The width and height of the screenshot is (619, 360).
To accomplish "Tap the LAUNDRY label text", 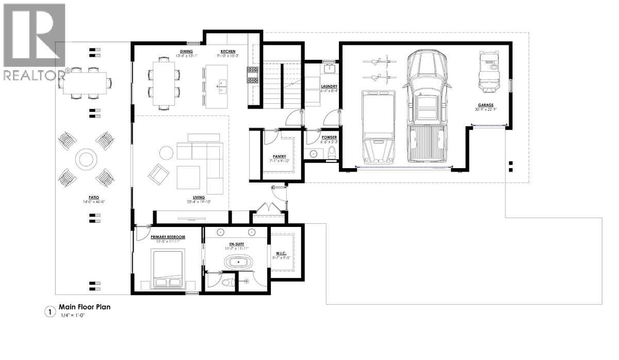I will tap(329, 86).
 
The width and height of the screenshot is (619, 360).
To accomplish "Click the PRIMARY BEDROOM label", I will tap(168, 237).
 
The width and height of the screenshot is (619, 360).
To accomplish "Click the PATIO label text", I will tap(93, 197).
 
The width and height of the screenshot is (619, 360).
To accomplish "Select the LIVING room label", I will tap(199, 197).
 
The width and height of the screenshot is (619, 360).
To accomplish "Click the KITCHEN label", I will tap(228, 51).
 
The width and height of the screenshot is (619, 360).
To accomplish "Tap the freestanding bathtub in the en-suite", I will tap(239, 263).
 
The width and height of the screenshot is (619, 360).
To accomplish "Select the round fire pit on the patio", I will tap(85, 159).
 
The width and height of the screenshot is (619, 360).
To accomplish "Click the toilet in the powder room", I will tap(331, 153).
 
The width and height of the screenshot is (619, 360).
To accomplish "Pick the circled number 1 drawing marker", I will tap(50, 312).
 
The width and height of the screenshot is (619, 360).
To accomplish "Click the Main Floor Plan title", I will tap(85, 307).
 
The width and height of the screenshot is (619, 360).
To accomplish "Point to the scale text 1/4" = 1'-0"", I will tap(71, 315).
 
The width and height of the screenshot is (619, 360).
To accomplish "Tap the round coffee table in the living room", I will tap(166, 153).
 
